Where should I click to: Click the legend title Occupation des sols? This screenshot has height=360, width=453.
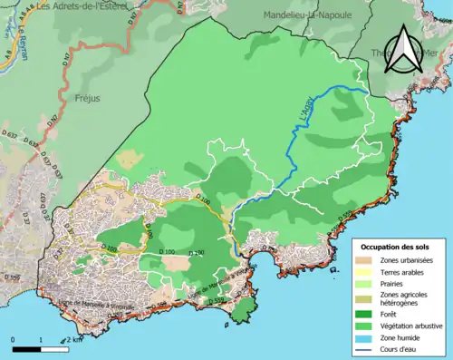(x=395, y=247)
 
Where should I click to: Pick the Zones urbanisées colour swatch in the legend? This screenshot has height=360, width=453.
(x=369, y=261)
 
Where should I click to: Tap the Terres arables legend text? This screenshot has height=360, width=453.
(x=407, y=273)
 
